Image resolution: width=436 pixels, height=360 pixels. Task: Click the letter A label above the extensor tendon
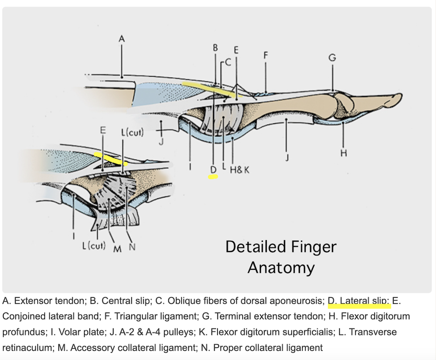pyautogui.click(x=122, y=39)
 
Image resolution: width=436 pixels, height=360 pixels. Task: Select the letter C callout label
pyautogui.click(x=228, y=62)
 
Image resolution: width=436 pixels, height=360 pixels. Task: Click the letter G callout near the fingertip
pyautogui.click(x=332, y=58)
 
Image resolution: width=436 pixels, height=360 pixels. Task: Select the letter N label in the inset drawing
pyautogui.click(x=133, y=247)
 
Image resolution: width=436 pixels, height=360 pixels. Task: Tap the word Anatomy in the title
pyautogui.click(x=281, y=267)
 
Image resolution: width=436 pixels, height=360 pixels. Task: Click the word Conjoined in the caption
pyautogui.click(x=22, y=316)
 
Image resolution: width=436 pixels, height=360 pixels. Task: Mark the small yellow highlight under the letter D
pyautogui.click(x=213, y=177)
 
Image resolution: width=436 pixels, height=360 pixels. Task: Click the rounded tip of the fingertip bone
pyautogui.click(x=398, y=98)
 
